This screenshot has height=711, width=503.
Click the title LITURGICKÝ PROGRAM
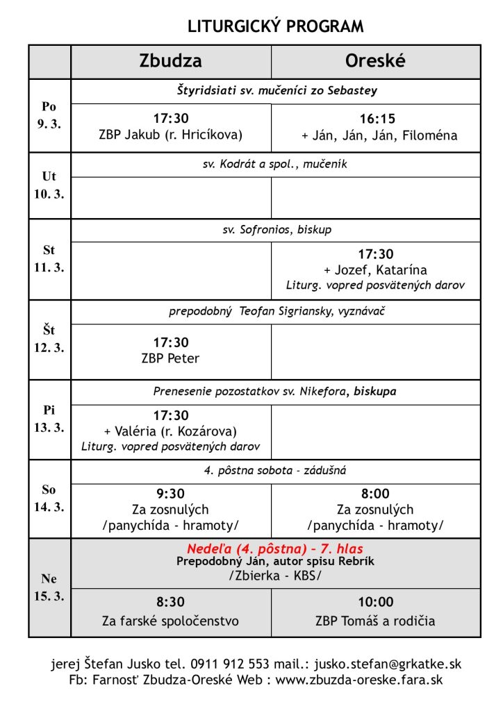tap(275, 27)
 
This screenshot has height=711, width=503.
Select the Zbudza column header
tap(170, 61)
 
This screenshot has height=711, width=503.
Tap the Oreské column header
tap(375, 61)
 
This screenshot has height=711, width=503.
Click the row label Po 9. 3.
tap(49, 115)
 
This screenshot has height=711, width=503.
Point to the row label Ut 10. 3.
tap(49, 185)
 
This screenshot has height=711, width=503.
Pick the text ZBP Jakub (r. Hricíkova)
tap(170, 135)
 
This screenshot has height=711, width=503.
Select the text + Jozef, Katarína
tap(375, 270)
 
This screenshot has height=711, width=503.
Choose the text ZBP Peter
tap(170, 358)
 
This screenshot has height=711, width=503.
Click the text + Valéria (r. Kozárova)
tap(170, 431)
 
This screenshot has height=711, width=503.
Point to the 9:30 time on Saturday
tap(170, 494)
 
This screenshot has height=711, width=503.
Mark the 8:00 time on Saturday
tap(375, 494)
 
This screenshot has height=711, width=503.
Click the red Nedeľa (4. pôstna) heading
tap(275, 549)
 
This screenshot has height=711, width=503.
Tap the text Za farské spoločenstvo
tap(170, 621)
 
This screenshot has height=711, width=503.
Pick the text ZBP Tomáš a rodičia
tap(375, 621)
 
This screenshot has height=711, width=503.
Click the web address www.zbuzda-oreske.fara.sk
tap(359, 680)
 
